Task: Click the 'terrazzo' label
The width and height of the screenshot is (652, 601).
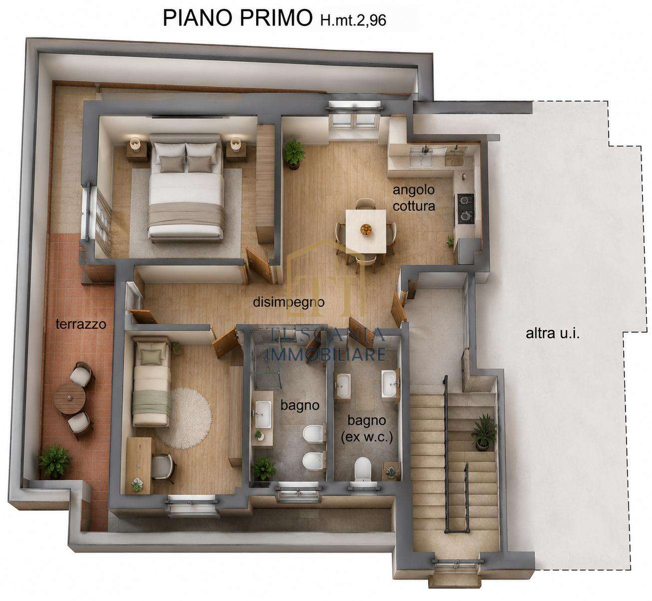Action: coord(81,324)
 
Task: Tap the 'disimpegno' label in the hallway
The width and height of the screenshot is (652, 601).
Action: coord(289,302)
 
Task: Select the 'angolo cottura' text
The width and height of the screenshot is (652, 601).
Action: coord(414,198)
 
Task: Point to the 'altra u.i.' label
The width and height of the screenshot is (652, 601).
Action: coord(553,333)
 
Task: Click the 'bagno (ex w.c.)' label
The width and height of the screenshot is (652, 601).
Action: coord(367,429)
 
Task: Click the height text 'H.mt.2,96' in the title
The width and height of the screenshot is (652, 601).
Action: coord(353,20)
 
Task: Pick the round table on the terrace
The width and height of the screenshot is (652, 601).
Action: coord(70,399)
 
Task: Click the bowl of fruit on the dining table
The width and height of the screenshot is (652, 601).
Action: coord(366,228)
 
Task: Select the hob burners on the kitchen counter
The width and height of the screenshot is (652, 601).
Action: coord(465,208)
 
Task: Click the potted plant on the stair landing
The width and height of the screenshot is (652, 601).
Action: coord(484,432)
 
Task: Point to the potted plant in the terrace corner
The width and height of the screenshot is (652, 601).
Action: coord(55,461)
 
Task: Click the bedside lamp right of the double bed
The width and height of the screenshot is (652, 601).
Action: coord(236,143)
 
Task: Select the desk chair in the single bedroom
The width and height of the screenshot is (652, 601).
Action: coord(163,468)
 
